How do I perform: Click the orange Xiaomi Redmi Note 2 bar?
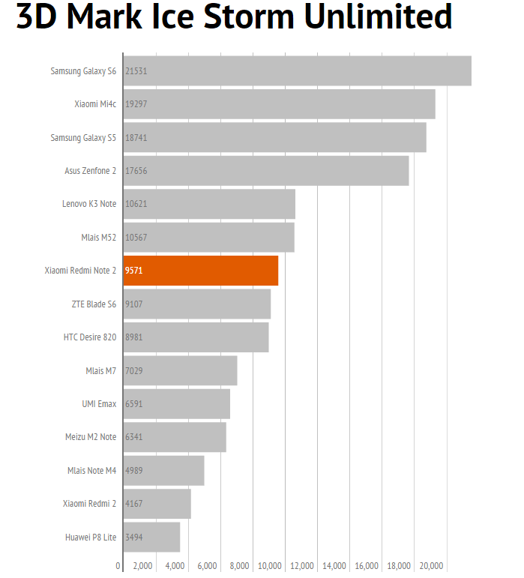201,271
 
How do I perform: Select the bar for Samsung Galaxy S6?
298,71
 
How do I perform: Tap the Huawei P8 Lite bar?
152,537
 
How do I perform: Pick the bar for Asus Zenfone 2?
266,171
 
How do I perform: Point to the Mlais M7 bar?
181,370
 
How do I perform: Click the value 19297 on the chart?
136,104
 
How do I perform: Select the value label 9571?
134,271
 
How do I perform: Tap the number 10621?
136,204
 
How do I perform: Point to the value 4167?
134,504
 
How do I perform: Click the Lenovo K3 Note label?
89,204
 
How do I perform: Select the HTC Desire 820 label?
90,337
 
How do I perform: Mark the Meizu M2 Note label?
91,437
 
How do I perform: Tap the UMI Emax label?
99,403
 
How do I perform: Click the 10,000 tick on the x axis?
269,566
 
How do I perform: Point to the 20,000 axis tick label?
431,566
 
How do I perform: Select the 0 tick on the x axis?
118,566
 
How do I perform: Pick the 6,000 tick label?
207,566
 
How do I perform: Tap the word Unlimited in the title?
379,18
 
